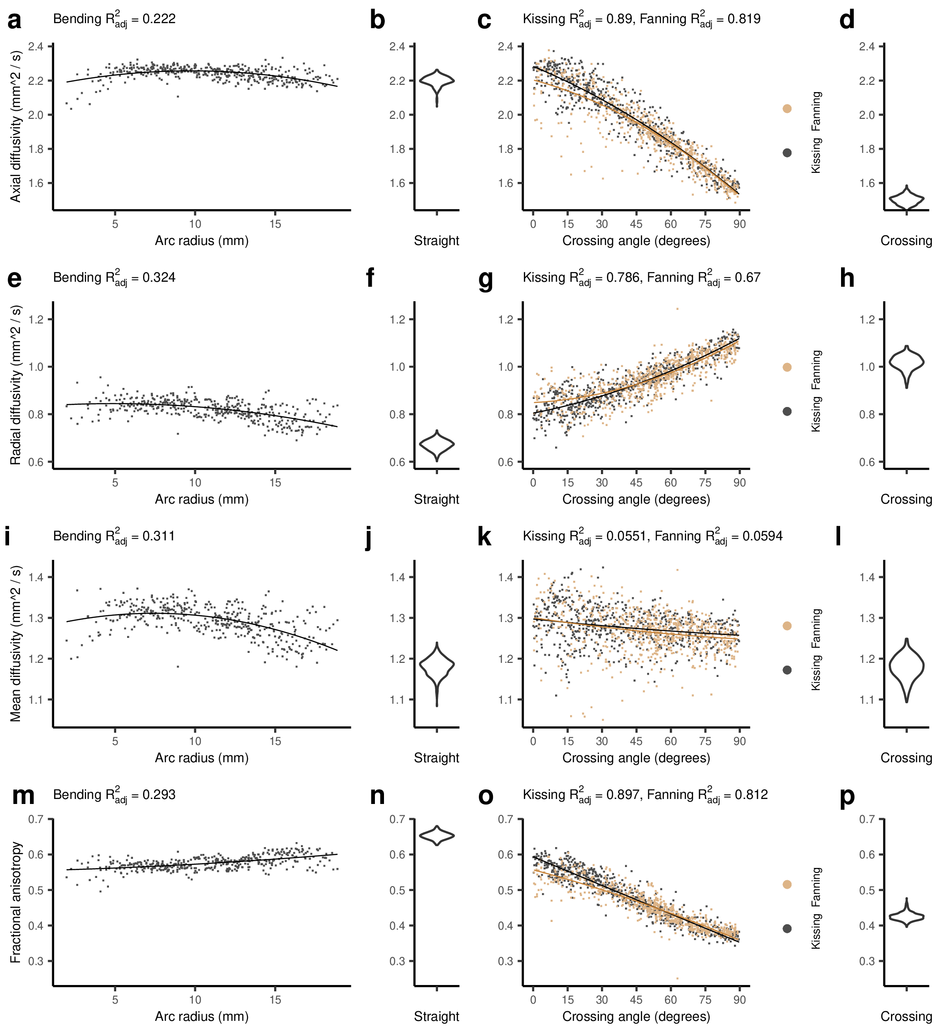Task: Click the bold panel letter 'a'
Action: tap(15, 20)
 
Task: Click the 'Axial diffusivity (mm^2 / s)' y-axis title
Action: tap(16, 126)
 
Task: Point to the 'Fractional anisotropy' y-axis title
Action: tap(16, 902)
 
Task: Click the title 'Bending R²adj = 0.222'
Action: tap(114, 20)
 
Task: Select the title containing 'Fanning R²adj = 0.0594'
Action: tap(653, 536)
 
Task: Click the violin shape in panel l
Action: tap(907, 666)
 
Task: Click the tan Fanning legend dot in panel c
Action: tap(787, 108)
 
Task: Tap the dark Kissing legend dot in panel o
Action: tap(787, 928)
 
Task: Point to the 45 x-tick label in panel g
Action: tap(636, 483)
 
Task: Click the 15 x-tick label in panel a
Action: tap(275, 224)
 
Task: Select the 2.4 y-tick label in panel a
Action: tap(35, 47)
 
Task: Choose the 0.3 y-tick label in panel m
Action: tap(35, 961)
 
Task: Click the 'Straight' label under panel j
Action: tap(437, 758)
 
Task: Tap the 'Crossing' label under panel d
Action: tap(906, 240)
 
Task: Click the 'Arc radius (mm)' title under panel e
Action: tap(202, 499)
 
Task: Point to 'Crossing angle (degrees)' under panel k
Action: tap(636, 758)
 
